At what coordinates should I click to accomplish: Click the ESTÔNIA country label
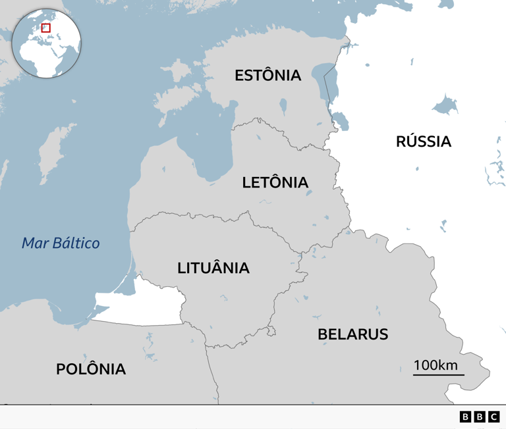pos(267,75)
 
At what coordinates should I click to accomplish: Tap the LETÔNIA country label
pos(275,182)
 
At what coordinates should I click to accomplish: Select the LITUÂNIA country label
pos(213,268)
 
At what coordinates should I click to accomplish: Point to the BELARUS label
pos(352,334)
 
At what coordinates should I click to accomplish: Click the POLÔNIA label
pos(91,368)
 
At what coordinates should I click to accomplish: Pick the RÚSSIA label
pos(424,141)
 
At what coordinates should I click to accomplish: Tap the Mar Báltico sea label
pos(61,243)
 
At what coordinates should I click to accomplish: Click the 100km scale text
pos(436,365)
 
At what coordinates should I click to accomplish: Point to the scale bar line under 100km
pos(439,375)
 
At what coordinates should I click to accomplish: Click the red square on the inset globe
pos(46,28)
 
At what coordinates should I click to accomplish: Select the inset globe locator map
pos(46,43)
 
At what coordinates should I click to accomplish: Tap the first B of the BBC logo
pos(465,416)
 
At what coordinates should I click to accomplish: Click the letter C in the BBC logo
pos(493,416)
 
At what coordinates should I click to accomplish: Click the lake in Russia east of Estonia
pos(445,105)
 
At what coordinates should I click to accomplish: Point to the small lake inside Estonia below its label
pos(283,105)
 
